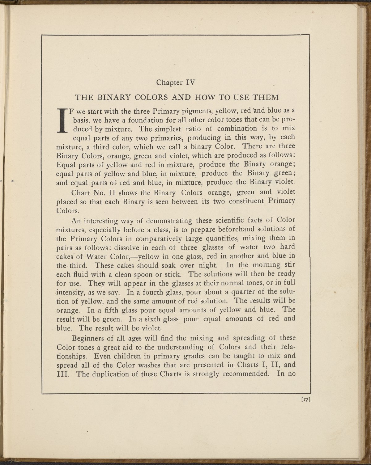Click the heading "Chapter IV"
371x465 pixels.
pos(175,82)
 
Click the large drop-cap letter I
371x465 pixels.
pos(63,120)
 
